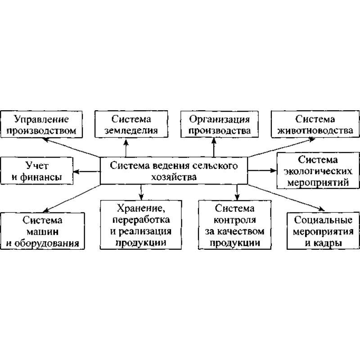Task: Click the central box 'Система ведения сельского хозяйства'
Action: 174,171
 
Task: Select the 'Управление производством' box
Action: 42,125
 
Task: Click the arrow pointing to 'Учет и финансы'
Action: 86,171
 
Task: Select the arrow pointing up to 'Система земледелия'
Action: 126,147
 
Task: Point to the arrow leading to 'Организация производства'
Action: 214,147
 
